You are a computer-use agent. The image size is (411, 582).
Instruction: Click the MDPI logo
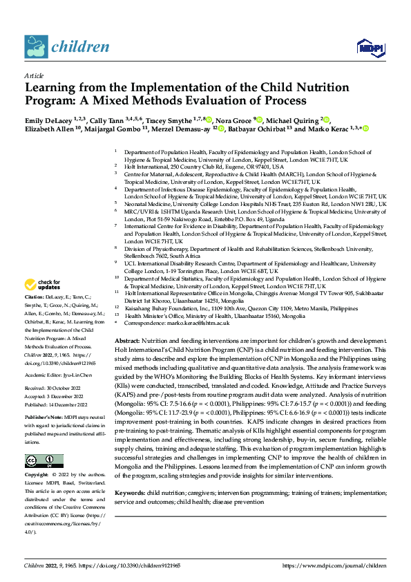(x=367, y=46)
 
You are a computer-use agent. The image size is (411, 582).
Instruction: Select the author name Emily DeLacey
(x=50, y=120)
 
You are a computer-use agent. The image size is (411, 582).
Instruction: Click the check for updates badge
(x=42, y=285)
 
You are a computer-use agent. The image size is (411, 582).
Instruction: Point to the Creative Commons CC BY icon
(x=44, y=442)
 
